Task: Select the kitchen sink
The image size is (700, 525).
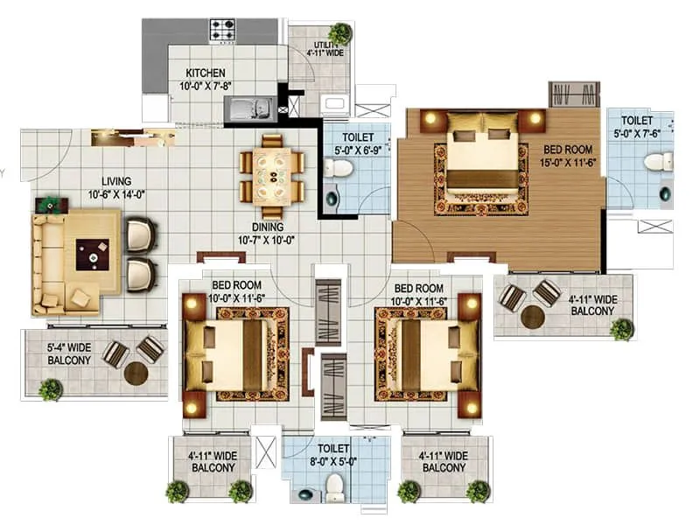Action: [x=249, y=108]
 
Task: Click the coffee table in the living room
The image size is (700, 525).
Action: [x=92, y=255]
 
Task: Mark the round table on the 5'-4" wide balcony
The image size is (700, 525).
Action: [x=136, y=374]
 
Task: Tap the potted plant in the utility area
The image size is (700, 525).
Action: [x=340, y=33]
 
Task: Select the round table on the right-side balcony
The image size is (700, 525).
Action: [x=528, y=307]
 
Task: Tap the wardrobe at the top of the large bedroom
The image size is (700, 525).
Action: [x=574, y=93]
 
